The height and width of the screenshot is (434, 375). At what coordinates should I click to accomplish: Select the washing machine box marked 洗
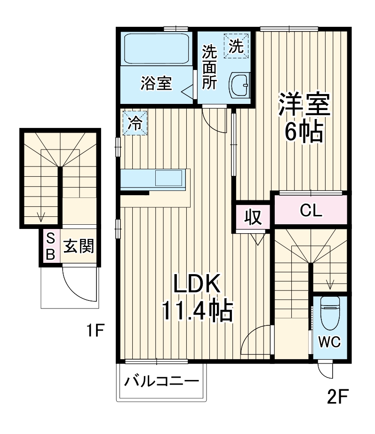click(x=237, y=46)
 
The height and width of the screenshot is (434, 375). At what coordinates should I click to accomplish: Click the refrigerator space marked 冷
click(x=135, y=123)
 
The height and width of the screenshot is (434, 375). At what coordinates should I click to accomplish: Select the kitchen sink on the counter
click(x=168, y=179)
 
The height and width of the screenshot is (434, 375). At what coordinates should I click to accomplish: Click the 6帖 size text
click(x=304, y=133)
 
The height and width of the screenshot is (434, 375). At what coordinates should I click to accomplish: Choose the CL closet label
click(x=311, y=210)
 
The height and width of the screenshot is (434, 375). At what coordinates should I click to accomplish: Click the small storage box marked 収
click(x=253, y=217)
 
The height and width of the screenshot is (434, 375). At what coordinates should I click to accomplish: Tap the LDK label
click(x=197, y=284)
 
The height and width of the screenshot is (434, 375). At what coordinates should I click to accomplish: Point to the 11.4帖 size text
click(x=197, y=310)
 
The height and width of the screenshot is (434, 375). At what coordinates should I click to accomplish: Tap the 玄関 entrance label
click(x=78, y=246)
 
